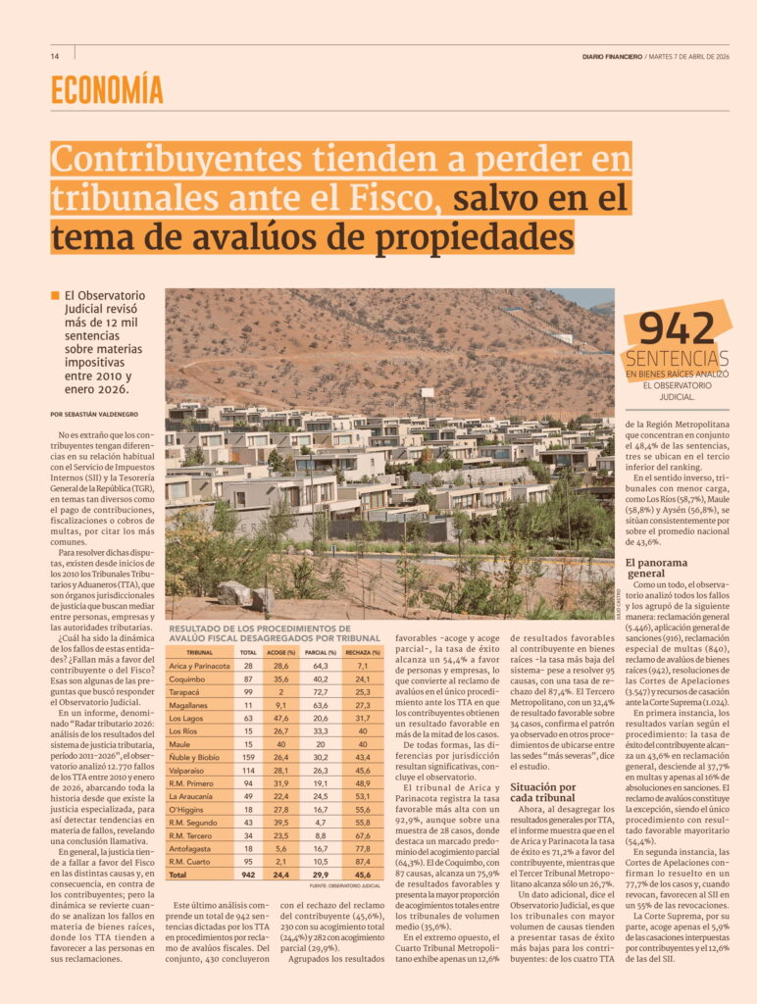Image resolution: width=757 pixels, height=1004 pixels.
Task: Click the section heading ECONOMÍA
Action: tap(107, 90)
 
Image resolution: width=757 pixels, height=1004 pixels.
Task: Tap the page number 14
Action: tap(55, 56)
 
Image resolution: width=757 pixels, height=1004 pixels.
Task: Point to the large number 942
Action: tap(677, 329)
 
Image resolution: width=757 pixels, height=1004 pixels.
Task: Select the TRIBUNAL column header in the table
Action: tap(199, 652)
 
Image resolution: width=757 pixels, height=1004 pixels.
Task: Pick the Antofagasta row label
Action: tap(192, 844)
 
